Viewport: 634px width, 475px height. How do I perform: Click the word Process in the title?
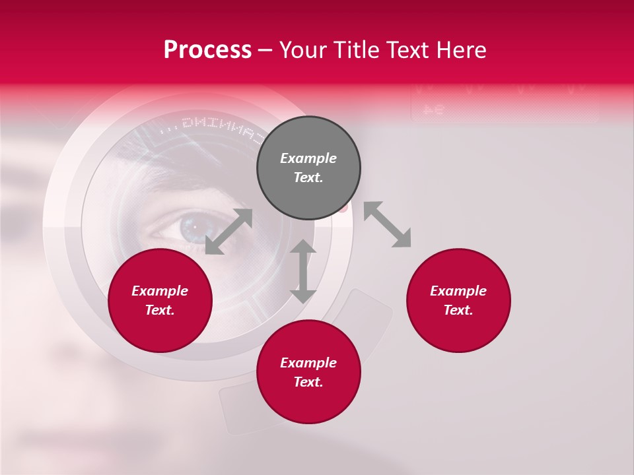click(x=207, y=50)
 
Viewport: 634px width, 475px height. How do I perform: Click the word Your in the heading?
click(x=304, y=50)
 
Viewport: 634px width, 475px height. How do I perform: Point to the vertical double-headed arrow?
click(x=303, y=271)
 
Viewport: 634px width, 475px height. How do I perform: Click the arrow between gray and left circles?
click(x=229, y=232)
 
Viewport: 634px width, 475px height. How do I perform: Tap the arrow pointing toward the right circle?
click(x=387, y=224)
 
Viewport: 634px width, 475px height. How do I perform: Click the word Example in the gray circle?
click(x=308, y=158)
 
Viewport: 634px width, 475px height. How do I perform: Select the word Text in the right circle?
click(x=458, y=310)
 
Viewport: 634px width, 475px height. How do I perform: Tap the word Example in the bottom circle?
click(x=308, y=363)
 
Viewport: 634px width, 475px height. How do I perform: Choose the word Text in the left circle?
click(x=160, y=310)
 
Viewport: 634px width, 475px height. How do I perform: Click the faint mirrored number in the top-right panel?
click(x=433, y=110)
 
